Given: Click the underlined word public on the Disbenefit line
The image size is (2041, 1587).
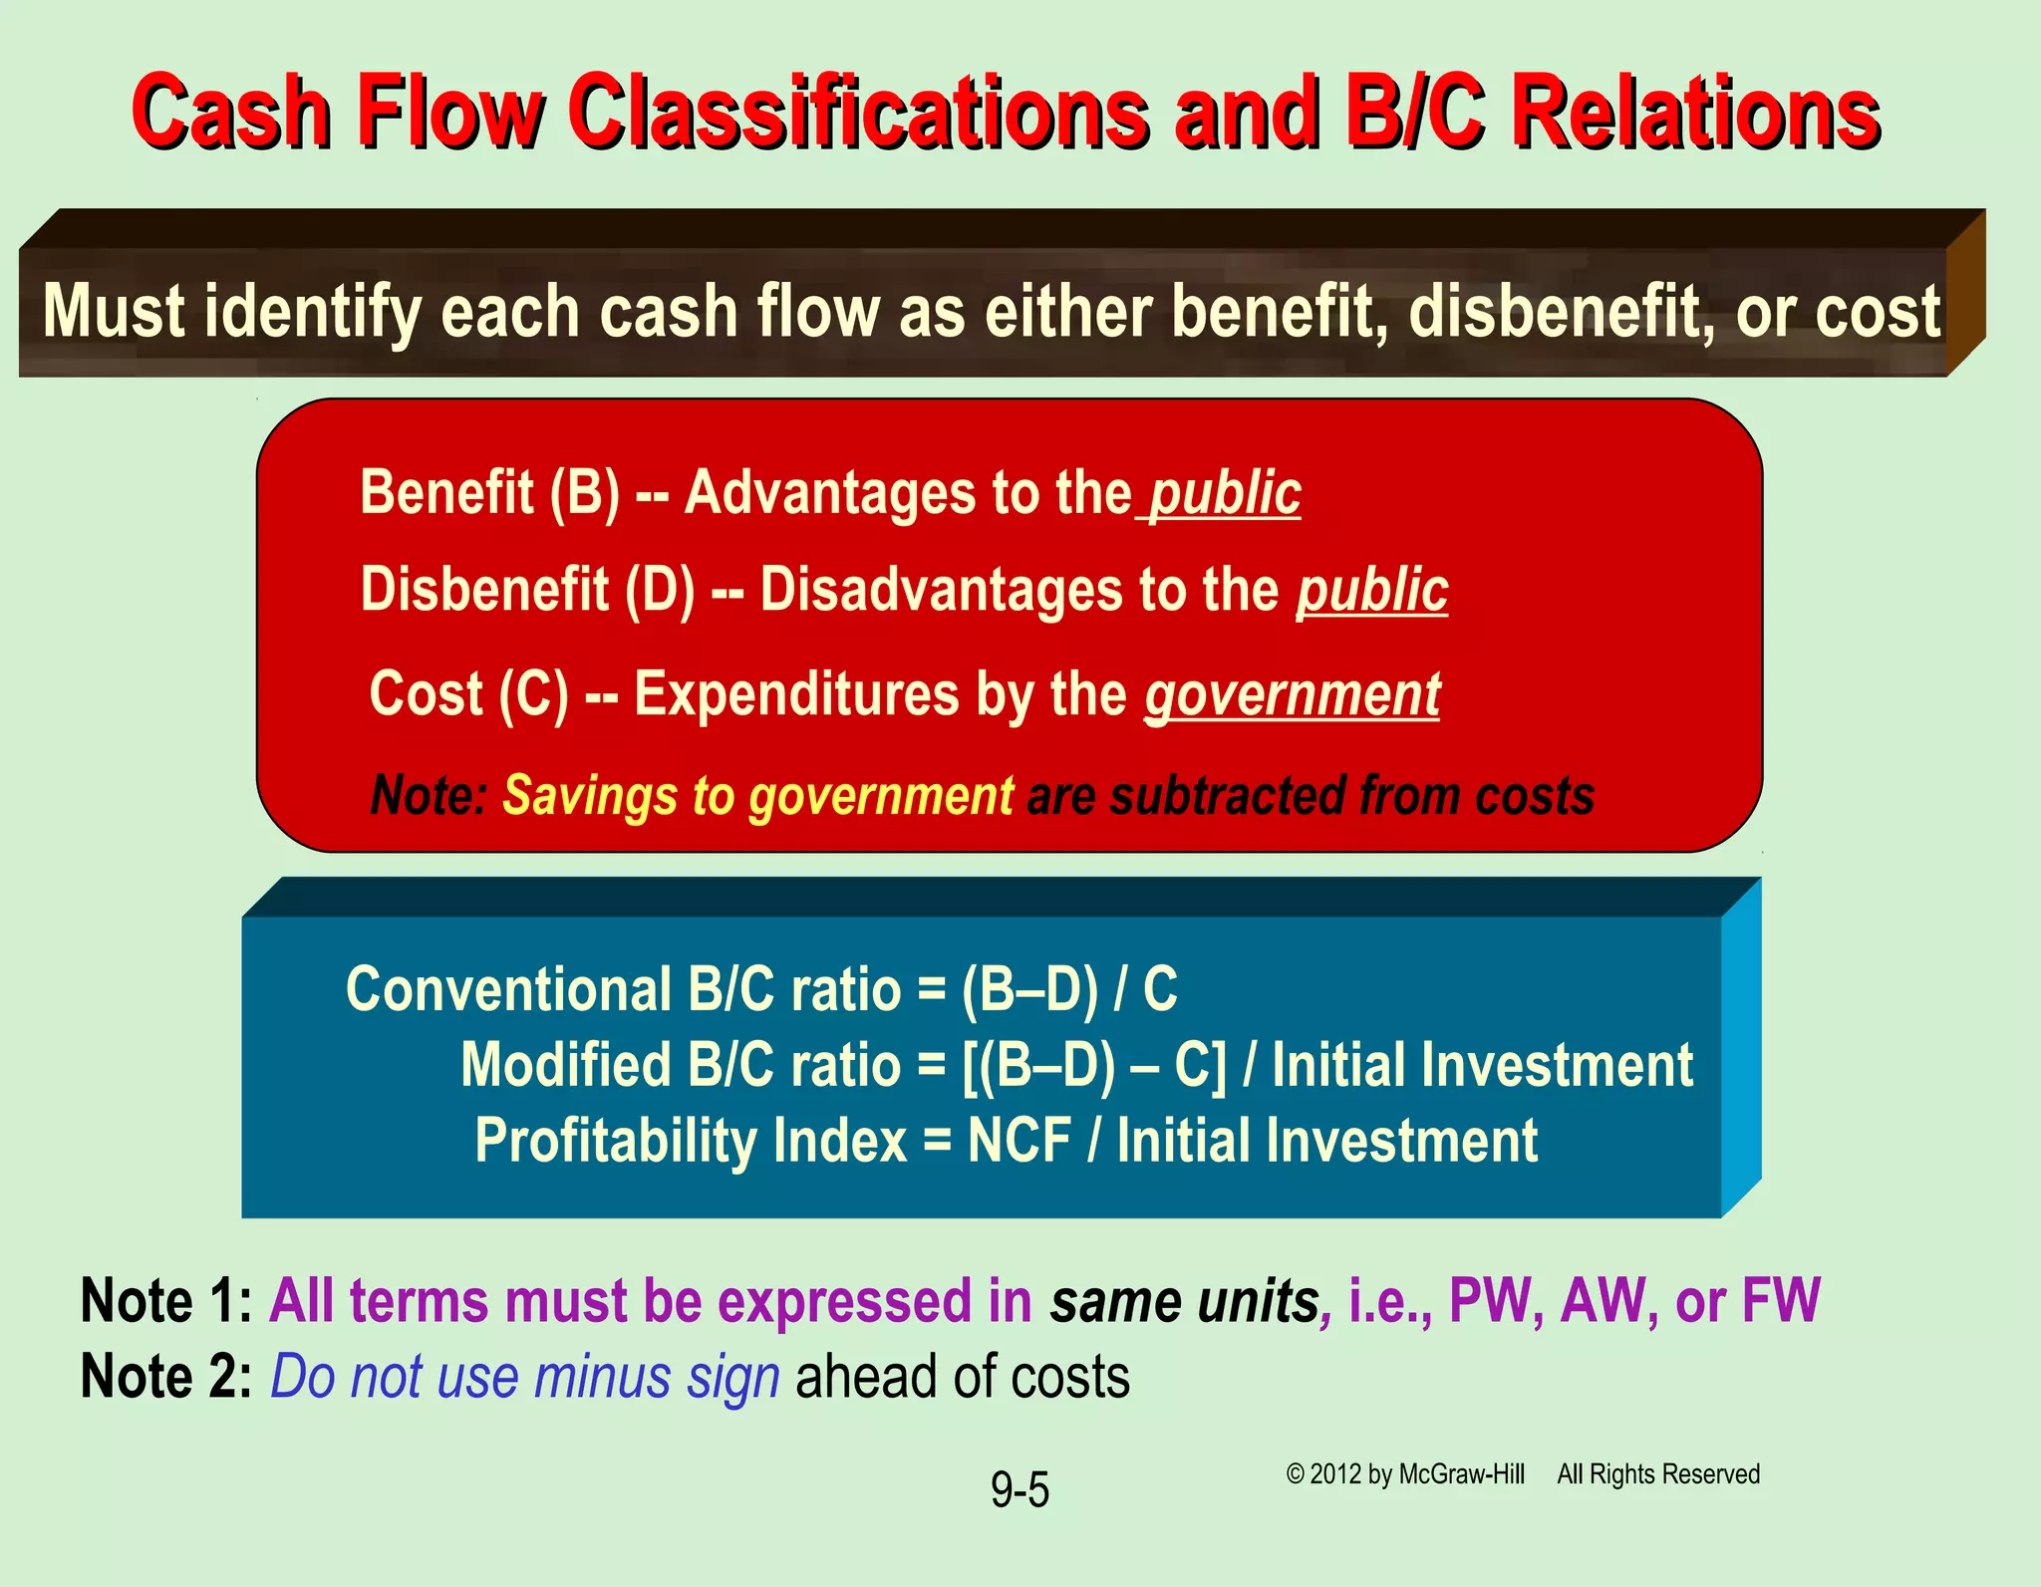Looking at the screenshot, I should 1371,590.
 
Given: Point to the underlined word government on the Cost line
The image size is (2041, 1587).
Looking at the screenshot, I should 1292,694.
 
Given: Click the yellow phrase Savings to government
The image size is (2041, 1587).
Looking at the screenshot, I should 757,796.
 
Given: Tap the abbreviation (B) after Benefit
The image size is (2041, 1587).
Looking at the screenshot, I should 585,493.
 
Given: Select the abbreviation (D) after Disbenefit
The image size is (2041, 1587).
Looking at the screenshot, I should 660,590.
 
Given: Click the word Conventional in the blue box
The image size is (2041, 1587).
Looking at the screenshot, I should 508,990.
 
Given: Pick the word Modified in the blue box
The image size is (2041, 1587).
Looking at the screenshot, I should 566,1065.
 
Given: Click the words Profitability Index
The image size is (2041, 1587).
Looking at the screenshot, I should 691,1141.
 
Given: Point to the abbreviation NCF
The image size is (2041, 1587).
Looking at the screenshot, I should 1020,1141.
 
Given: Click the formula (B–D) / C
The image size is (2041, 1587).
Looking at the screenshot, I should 1069,990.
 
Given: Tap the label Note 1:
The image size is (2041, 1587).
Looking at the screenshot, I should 165,1301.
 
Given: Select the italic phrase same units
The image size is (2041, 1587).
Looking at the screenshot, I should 1184,1301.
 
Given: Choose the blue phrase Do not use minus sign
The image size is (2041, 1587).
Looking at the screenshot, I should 524,1377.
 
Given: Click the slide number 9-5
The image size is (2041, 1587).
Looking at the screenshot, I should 1020,1490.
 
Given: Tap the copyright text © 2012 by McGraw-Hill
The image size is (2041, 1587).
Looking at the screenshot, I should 1405,1474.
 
